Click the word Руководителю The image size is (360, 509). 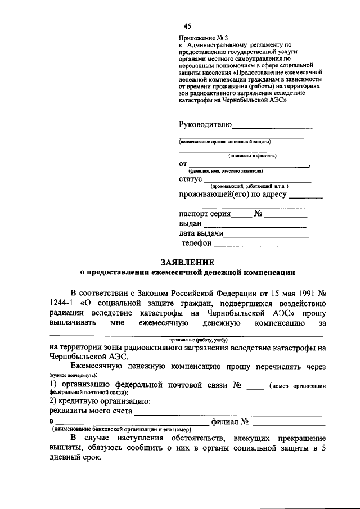coord(205,124)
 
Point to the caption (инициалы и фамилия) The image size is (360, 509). coord(252,155)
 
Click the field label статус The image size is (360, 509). coord(190,179)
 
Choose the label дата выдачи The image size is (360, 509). coord(202,233)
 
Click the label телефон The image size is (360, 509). coord(196,244)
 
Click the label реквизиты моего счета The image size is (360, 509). coord(92,411)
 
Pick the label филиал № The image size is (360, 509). coord(229,421)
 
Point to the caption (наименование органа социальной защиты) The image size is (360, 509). coord(226,142)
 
